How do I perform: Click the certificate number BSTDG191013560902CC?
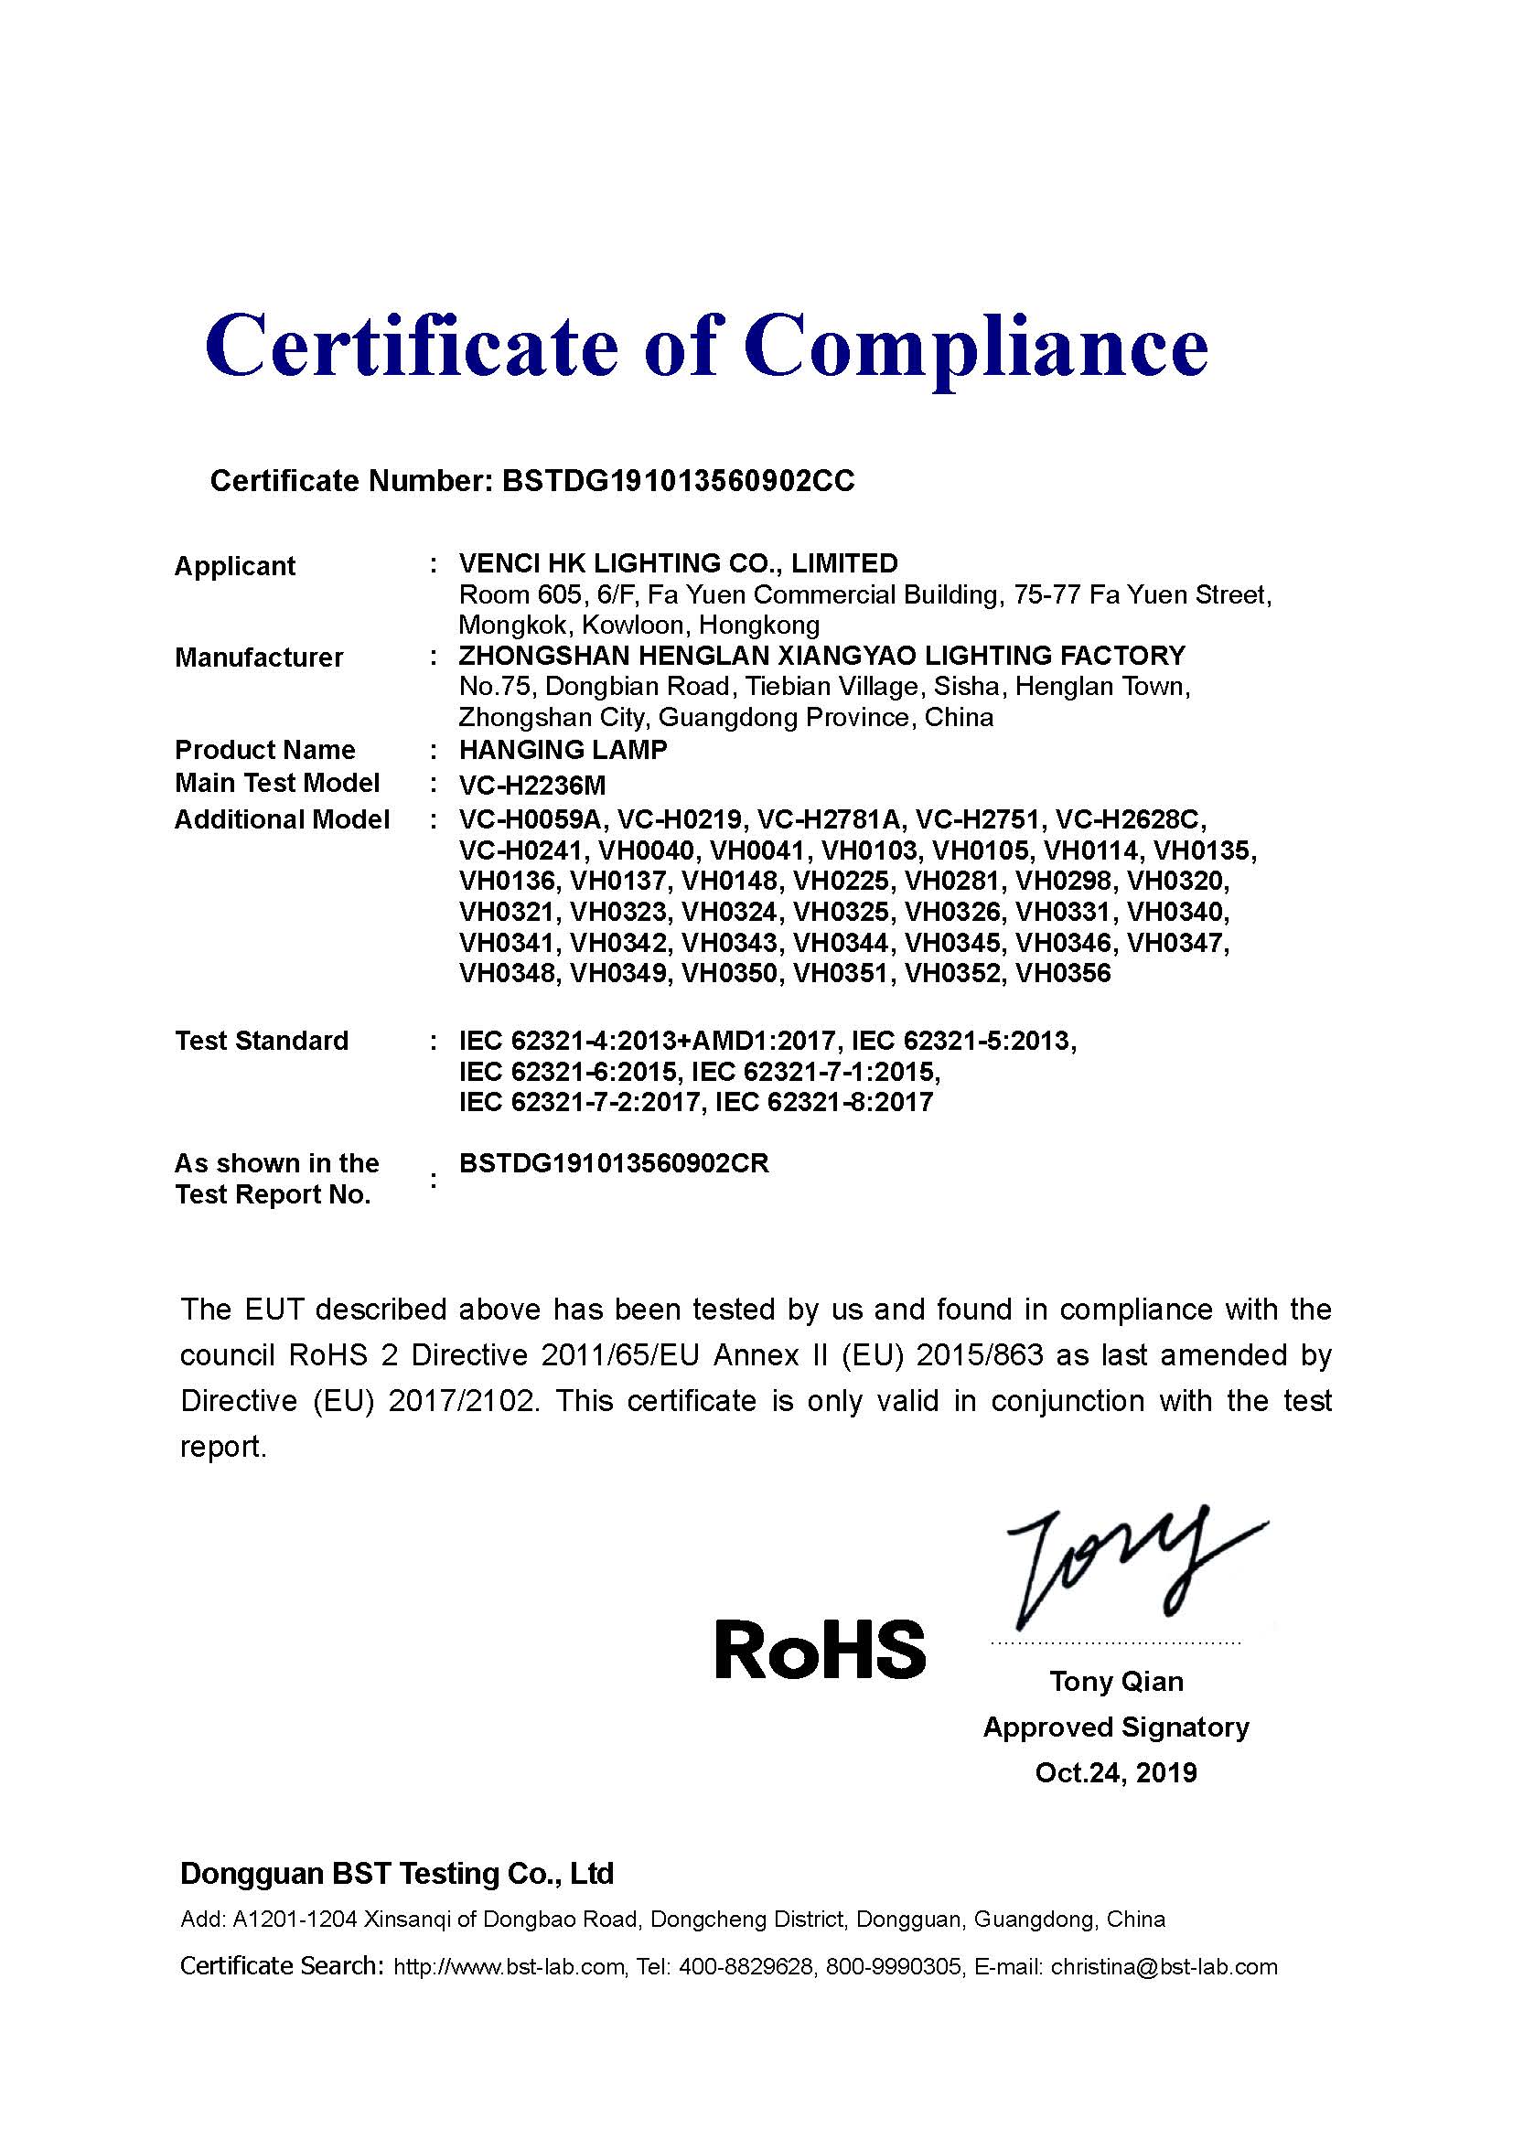677,481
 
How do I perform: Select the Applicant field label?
235,565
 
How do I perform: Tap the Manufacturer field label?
259,658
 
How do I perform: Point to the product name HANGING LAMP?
563,750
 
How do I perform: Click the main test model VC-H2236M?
532,785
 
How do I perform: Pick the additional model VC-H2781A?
829,819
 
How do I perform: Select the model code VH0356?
1063,974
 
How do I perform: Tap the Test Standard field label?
262,1041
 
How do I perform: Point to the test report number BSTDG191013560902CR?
614,1163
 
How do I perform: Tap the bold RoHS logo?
820,1649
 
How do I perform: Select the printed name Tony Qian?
1116,1682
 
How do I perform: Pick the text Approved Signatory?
1116,1727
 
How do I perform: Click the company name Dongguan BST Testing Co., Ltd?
397,1874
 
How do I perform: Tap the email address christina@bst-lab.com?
1164,1967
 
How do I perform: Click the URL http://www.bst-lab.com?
509,1967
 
